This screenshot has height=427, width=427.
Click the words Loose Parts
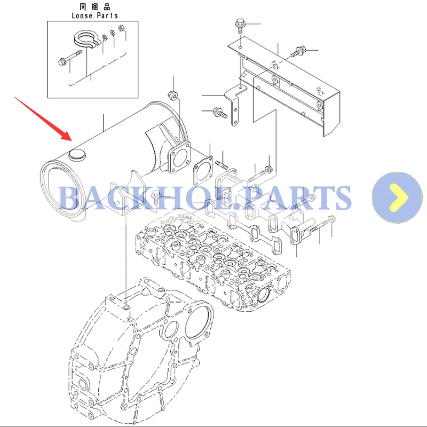pos(94,15)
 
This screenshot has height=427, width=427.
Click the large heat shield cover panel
pos(288,85)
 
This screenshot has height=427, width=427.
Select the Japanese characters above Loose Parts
pos(94,7)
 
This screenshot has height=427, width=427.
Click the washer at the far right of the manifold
pos(332,219)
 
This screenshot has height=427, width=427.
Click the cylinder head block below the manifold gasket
pos(213,256)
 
